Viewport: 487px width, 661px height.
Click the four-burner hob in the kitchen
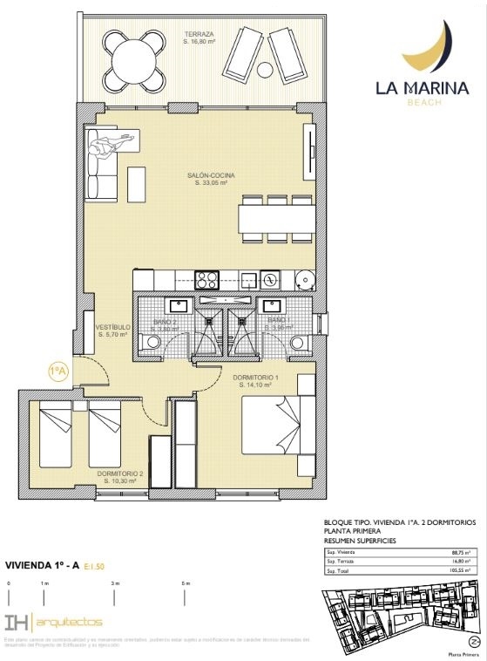coord(206,280)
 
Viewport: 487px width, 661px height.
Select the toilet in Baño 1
coord(299,342)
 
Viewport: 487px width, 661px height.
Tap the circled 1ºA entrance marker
coord(57,372)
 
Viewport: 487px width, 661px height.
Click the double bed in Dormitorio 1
coord(274,425)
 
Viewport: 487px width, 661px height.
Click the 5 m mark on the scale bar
coord(186,582)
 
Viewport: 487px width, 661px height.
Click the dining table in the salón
coord(277,217)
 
